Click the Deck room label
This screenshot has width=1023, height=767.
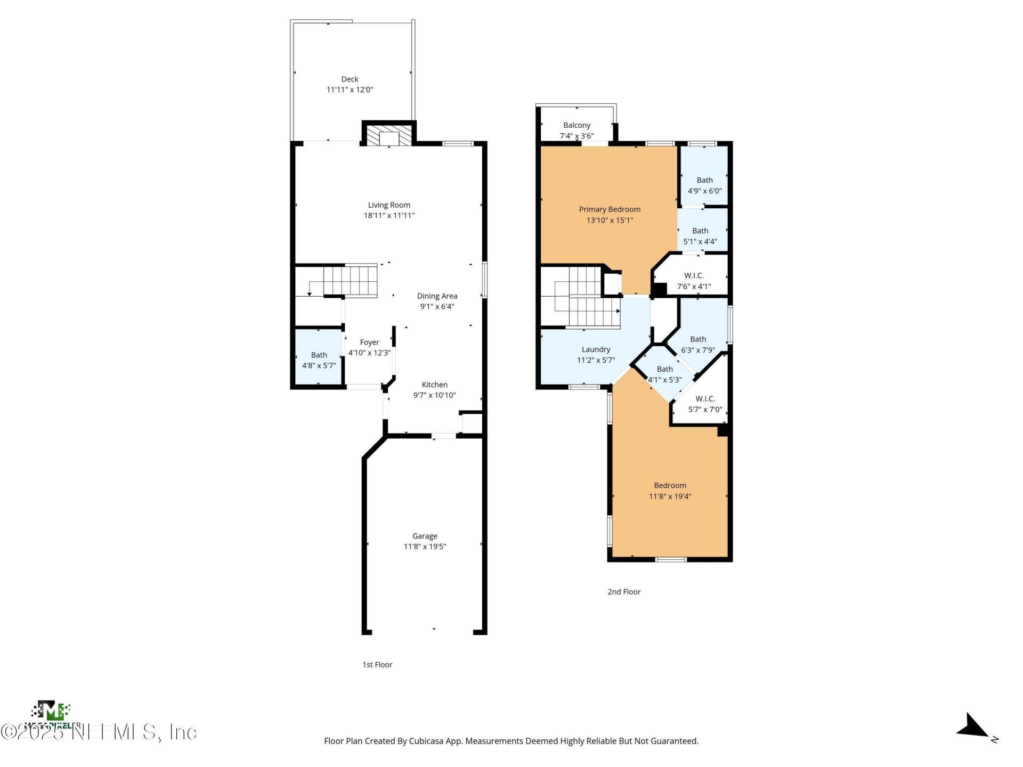(x=350, y=79)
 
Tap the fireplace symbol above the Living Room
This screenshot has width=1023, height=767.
(x=389, y=135)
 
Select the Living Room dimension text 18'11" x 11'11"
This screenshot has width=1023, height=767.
(x=389, y=216)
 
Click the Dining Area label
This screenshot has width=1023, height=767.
(x=437, y=296)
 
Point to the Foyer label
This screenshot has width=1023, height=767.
(x=369, y=342)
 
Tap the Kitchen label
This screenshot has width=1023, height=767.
(x=434, y=385)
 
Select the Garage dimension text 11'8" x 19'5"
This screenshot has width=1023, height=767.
(x=425, y=546)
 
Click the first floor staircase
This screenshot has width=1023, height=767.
(x=350, y=281)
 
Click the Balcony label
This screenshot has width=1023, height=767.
(x=577, y=125)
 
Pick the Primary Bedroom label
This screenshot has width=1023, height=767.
(x=610, y=209)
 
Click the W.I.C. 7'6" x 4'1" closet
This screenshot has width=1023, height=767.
(x=694, y=280)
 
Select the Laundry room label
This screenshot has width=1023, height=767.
(x=596, y=349)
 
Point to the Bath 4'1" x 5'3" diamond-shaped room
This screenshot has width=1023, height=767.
(x=664, y=374)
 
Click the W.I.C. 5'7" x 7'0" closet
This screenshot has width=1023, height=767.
(x=705, y=404)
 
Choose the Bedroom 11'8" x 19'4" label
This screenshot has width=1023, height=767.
(x=670, y=485)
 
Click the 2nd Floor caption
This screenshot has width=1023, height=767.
(x=624, y=592)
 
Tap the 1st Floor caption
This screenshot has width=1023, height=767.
(x=377, y=665)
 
